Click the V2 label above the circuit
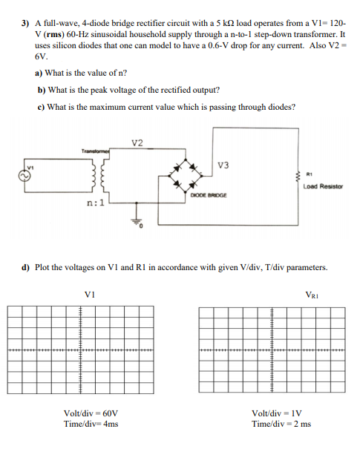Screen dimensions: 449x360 click(137, 142)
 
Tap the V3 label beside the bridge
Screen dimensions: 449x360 click(223, 165)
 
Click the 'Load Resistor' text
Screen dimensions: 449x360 click(323, 186)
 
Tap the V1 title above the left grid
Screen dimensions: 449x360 click(91, 295)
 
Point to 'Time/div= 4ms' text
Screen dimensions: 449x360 click(91, 424)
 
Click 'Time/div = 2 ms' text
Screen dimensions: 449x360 click(281, 424)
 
